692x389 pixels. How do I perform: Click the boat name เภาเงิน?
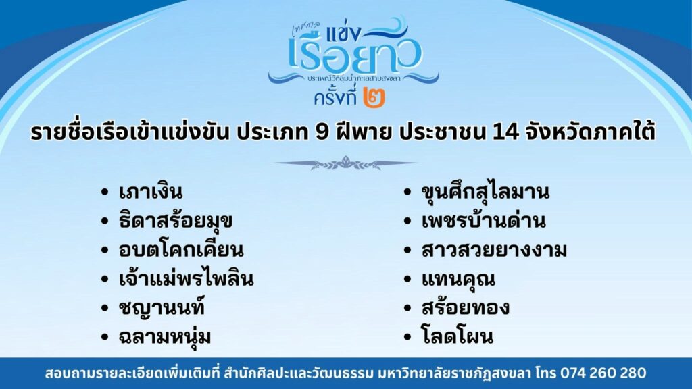(x=151, y=192)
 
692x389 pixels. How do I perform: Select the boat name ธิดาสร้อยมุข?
(x=176, y=221)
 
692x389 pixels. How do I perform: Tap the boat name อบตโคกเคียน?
(x=181, y=250)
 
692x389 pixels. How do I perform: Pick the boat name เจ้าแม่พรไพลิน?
(x=187, y=278)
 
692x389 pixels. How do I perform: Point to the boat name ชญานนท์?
(x=162, y=307)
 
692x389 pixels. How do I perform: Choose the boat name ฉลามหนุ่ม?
(x=165, y=337)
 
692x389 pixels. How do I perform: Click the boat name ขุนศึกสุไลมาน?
(x=485, y=192)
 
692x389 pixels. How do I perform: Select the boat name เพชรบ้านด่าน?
(x=484, y=221)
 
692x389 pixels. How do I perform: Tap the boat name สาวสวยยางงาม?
(x=494, y=250)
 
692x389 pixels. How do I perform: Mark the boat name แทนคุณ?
(x=459, y=279)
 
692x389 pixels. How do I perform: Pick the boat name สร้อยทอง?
(x=466, y=307)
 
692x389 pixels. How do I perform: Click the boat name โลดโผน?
(x=458, y=336)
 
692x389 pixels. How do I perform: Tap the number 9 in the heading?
(x=322, y=133)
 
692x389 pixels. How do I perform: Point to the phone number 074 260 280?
(x=603, y=373)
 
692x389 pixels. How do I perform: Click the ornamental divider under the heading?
(x=345, y=163)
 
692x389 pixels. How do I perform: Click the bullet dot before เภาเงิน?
(x=105, y=192)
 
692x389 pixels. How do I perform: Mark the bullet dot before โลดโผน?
(x=407, y=337)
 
